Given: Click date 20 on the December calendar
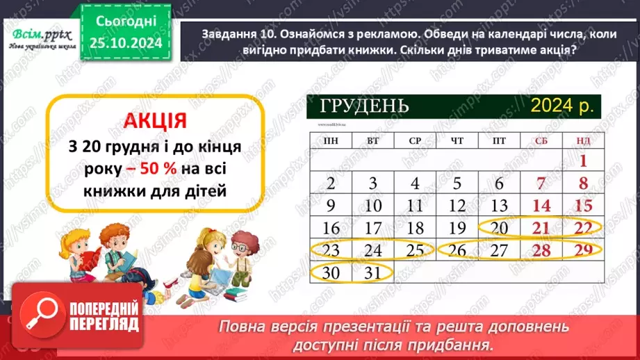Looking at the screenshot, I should click(499, 227).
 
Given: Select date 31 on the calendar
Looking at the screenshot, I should click(373, 272).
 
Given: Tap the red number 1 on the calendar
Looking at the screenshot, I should click(584, 162).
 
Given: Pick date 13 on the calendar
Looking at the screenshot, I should click(499, 206).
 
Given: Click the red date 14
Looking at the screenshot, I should click(541, 206).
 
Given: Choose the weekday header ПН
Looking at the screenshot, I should click(331, 141).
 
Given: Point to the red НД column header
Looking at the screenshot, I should click(583, 141).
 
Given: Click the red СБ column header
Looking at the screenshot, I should click(541, 141).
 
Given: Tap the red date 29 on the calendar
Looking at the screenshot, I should click(584, 249).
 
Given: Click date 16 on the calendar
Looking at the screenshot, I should click(331, 227).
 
